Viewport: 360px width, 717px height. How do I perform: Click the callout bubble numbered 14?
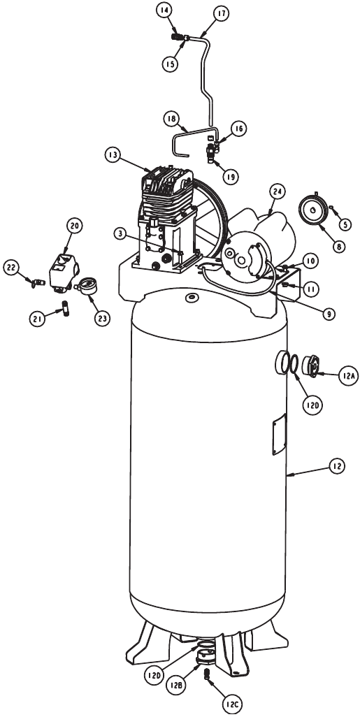click(164, 10)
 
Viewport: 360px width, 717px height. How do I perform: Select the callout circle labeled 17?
click(221, 13)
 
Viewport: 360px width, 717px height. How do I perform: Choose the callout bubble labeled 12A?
click(347, 375)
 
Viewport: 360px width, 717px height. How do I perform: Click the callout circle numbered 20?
click(75, 225)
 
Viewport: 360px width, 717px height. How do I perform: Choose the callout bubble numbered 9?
click(329, 314)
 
